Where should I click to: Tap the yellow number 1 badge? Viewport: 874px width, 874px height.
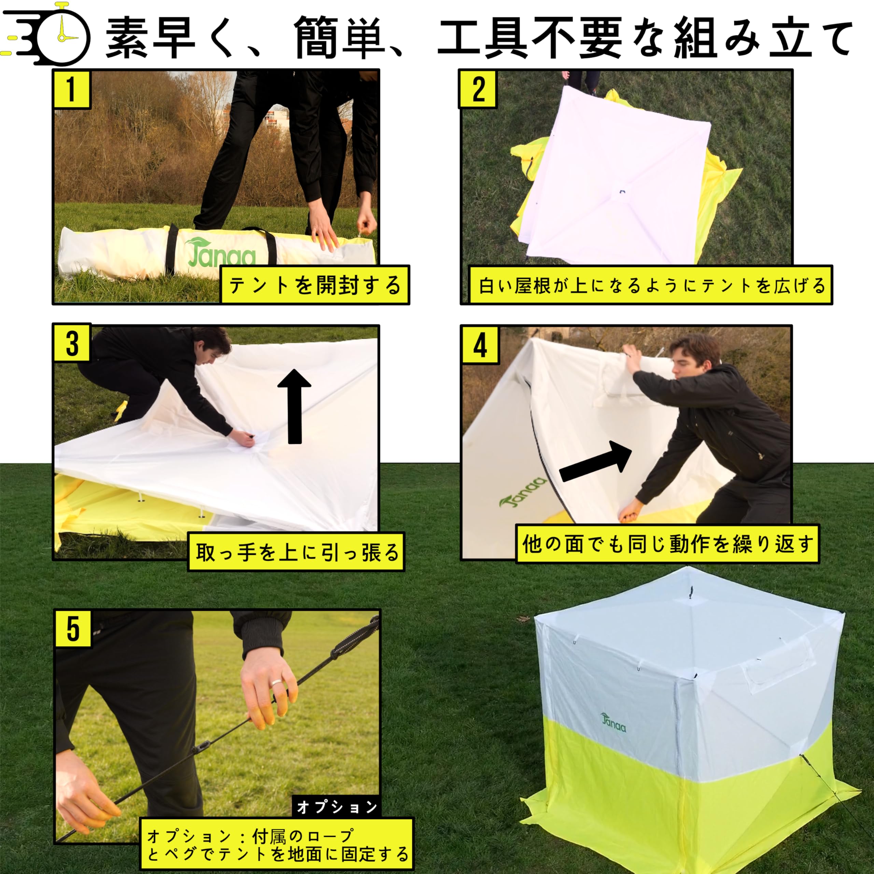pyautogui.click(x=71, y=89)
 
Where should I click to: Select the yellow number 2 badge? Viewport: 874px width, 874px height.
pyautogui.click(x=478, y=89)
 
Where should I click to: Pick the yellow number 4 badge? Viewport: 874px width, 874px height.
pyautogui.click(x=480, y=345)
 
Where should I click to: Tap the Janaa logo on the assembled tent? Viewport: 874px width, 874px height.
pyautogui.click(x=614, y=722)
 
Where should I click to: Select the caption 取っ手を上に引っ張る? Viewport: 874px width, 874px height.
pyautogui.click(x=296, y=552)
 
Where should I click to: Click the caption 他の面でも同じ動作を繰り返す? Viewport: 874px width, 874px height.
pyautogui.click(x=667, y=544)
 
